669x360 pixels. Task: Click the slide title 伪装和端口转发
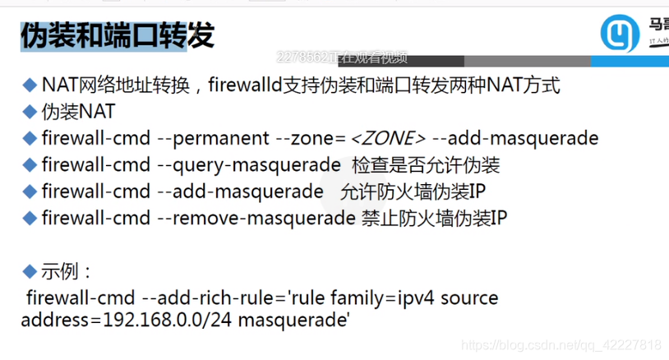click(x=118, y=35)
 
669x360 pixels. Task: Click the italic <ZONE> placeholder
click(x=388, y=138)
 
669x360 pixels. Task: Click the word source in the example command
click(x=469, y=297)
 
